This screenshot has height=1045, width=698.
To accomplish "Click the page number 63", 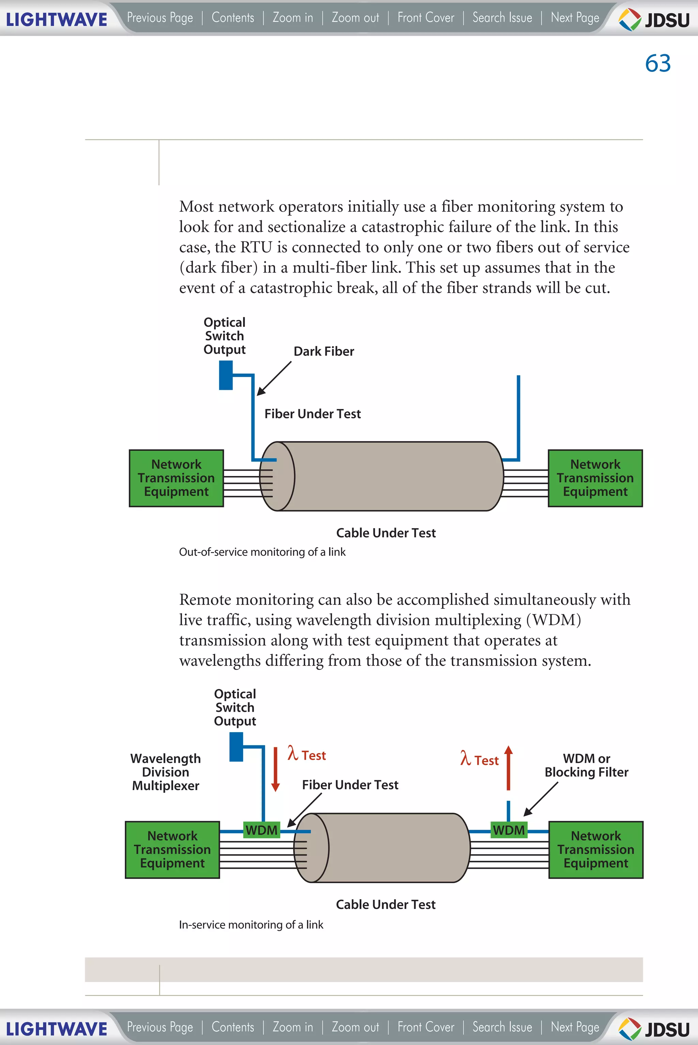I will coord(657,63).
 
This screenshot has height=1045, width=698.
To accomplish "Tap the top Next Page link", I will coord(575,18).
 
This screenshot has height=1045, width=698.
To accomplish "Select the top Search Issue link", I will coord(502,18).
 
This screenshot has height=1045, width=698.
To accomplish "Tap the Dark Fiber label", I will coord(324,351).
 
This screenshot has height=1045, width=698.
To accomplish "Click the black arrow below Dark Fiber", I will coord(274,378).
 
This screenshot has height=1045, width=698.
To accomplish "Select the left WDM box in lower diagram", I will coord(262,830).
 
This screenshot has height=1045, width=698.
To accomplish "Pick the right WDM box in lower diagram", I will coord(509,830).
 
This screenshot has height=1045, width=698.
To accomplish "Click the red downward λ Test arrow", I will coord(275,769).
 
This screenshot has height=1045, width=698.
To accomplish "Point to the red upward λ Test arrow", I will coord(509,768).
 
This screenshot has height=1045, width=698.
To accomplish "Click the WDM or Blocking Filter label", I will coord(586,765).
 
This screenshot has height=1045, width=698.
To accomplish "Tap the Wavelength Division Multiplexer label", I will coord(166,772).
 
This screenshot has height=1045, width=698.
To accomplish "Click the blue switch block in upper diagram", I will coord(226,375).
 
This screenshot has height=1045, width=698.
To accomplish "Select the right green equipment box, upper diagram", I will coord(595,478).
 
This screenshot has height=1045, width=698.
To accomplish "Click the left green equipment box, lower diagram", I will coord(172,850).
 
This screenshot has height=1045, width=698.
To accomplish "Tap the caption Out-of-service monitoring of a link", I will coord(262,552).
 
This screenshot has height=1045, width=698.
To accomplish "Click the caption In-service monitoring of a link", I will coord(251,925).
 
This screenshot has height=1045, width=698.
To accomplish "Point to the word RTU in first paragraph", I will coord(256,247).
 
